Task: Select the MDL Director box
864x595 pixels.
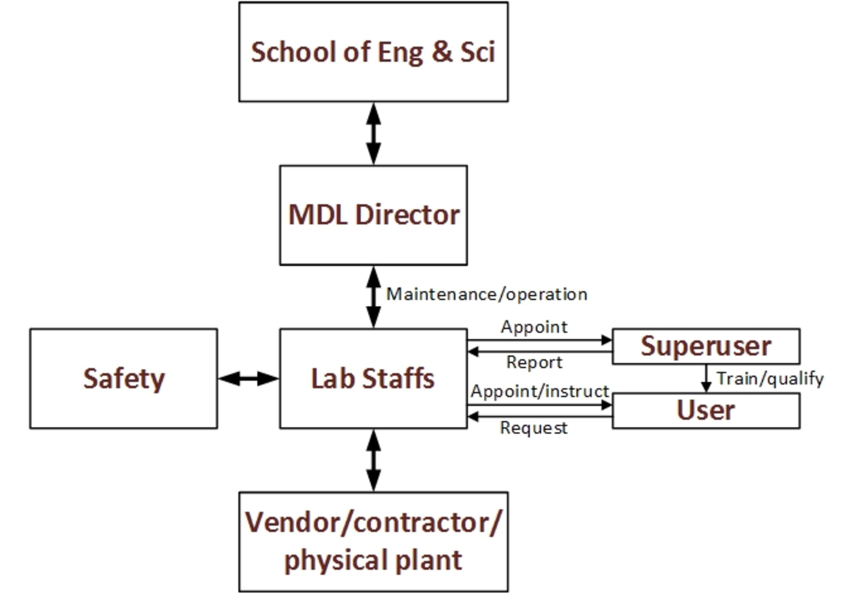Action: pyautogui.click(x=373, y=215)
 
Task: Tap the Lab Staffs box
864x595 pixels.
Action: pyautogui.click(x=373, y=378)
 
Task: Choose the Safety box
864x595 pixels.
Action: pyautogui.click(x=123, y=378)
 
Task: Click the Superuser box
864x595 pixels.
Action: pyautogui.click(x=706, y=346)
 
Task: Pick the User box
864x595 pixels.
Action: pyautogui.click(x=706, y=410)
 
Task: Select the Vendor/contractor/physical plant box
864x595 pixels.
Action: pyautogui.click(x=373, y=542)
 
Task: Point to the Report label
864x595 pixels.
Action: pyautogui.click(x=534, y=362)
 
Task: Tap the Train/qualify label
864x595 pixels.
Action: pyautogui.click(x=770, y=379)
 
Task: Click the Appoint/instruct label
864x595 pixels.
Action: pyautogui.click(x=539, y=391)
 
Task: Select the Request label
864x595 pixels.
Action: pyautogui.click(x=534, y=428)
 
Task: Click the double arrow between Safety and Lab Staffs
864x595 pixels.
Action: pyautogui.click(x=248, y=379)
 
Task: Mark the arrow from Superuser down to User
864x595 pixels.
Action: pyautogui.click(x=706, y=378)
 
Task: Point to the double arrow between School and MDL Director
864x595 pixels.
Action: pyautogui.click(x=373, y=133)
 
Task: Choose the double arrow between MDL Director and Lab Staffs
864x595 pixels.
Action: pyautogui.click(x=373, y=297)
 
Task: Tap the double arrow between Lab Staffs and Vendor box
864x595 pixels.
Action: pyautogui.click(x=373, y=460)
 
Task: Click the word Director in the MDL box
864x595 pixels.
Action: pyautogui.click(x=408, y=215)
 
